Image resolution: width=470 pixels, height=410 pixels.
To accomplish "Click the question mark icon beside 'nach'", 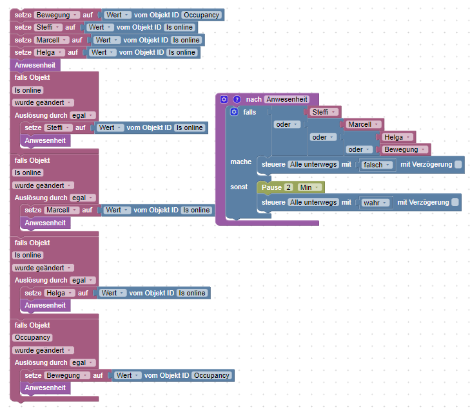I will (x=237, y=99).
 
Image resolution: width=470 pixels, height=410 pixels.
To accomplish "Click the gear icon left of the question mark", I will (x=224, y=99).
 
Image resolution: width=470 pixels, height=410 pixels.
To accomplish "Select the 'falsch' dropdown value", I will (x=377, y=165).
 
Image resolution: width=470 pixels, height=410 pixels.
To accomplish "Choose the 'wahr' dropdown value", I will (x=374, y=202).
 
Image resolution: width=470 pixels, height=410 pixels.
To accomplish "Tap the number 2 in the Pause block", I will (x=289, y=187).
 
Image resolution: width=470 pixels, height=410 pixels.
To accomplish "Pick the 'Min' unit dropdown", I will (x=309, y=187).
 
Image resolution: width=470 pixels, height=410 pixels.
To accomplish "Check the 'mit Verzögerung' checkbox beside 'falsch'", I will (x=458, y=165).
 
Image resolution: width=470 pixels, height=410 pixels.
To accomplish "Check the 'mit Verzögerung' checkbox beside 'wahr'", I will (x=455, y=202).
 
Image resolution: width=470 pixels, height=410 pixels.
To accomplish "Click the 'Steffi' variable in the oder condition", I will (x=322, y=112).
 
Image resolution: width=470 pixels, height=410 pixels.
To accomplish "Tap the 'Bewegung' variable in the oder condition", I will (x=405, y=149).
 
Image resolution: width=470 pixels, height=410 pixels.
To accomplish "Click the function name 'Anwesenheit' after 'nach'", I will (x=286, y=99).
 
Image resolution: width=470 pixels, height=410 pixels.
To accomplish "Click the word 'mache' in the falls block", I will (x=240, y=162).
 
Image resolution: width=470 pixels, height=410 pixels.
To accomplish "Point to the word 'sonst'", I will (x=239, y=187).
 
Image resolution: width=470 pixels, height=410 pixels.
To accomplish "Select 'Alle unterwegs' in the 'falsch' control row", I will (x=313, y=165).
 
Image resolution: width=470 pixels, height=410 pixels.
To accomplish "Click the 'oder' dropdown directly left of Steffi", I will (x=287, y=124).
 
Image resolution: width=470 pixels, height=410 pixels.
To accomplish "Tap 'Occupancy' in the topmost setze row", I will (x=201, y=14).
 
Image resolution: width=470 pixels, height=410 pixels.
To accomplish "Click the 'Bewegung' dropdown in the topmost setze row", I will (x=57, y=14).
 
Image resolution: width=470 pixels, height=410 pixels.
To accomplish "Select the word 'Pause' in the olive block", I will (x=271, y=187).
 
